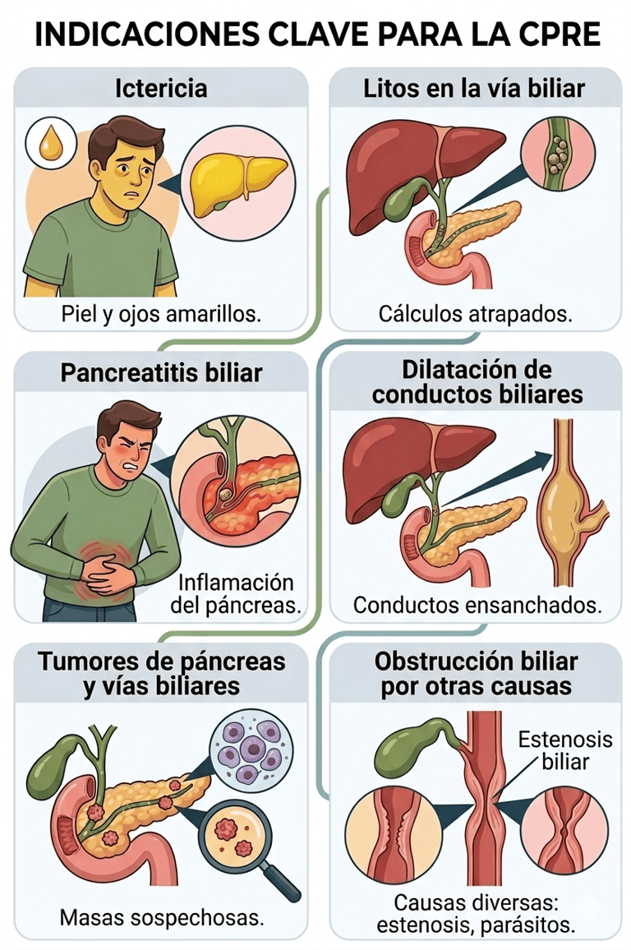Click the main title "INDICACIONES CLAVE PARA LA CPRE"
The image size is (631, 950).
315,35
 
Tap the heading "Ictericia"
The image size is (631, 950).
161,87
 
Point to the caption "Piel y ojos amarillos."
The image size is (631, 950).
161,314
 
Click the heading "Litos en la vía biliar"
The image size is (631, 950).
474,87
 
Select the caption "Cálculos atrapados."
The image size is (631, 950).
475,314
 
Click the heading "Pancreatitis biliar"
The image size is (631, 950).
161,372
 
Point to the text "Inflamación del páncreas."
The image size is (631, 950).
235,594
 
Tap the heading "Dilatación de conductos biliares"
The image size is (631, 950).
477,381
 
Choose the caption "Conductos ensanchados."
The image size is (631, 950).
477,606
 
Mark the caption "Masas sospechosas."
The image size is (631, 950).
161,917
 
